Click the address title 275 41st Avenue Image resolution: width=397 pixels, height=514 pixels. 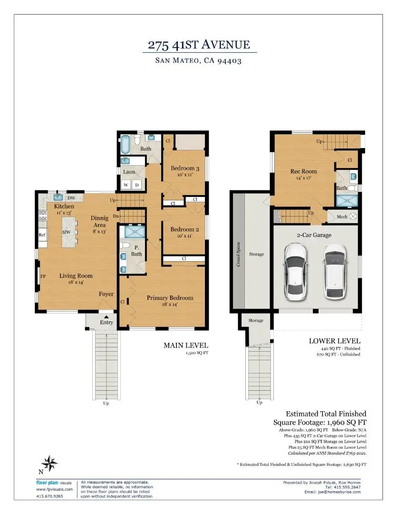[x=198, y=45]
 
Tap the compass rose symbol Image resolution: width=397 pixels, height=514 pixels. [x=49, y=462]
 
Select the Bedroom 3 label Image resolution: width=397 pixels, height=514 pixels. [x=185, y=168]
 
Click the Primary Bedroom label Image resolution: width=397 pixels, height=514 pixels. [x=170, y=298]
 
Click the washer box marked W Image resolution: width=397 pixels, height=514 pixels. [x=126, y=185]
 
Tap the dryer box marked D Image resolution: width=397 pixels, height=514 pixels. [x=137, y=185]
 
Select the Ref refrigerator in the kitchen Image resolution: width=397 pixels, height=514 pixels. [x=42, y=235]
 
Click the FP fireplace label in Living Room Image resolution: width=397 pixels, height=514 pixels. [x=42, y=276]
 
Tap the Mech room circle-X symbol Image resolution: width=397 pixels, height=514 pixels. [x=353, y=217]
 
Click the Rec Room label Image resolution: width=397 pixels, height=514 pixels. [x=303, y=171]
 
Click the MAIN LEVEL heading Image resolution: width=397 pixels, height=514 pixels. [x=186, y=345]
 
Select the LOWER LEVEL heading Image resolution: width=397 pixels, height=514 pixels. [x=335, y=341]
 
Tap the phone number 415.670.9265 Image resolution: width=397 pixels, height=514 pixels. [x=49, y=496]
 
